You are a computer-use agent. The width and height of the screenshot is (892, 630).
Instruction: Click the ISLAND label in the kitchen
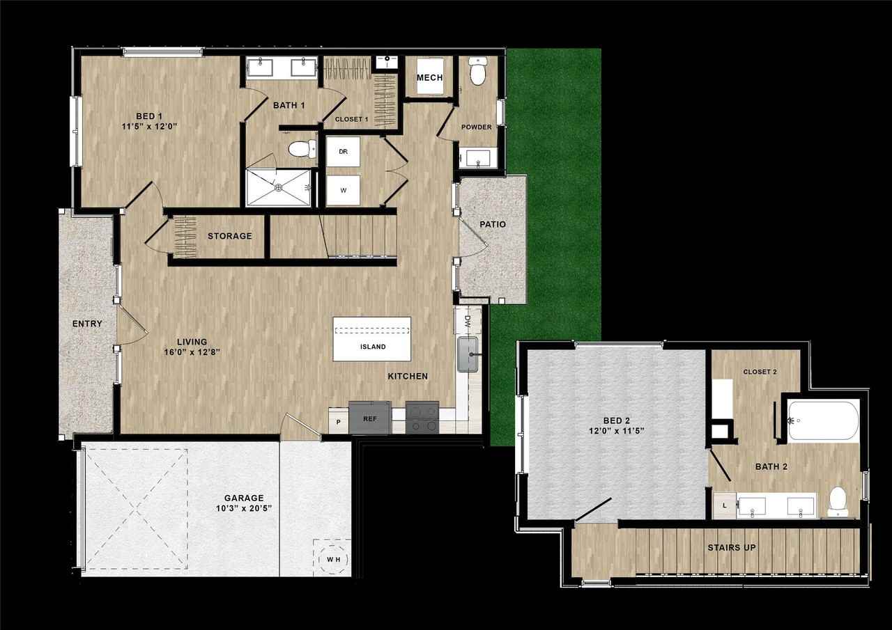[373, 347]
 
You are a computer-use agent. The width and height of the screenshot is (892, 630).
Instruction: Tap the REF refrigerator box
[369, 420]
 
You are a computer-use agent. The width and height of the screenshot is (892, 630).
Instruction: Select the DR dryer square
[343, 151]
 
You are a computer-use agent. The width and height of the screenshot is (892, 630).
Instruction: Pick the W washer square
[343, 189]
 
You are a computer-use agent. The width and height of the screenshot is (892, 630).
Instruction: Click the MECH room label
[429, 77]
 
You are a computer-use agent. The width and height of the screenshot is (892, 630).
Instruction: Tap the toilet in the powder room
[477, 72]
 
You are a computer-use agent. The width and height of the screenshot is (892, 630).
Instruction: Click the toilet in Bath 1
[300, 148]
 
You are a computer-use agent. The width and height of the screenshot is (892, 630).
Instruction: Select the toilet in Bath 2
[838, 501]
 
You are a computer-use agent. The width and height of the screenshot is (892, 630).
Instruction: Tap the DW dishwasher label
[468, 322]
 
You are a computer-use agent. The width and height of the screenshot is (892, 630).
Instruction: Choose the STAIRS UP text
[732, 548]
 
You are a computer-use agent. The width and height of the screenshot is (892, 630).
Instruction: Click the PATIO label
[492, 224]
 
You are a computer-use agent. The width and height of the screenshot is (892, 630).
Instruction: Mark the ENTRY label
[87, 324]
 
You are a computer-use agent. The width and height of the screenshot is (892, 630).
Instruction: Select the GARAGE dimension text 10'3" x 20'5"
[244, 508]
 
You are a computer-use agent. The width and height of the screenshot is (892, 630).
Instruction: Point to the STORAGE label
[229, 236]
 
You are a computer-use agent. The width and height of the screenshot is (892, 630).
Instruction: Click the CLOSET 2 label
[760, 372]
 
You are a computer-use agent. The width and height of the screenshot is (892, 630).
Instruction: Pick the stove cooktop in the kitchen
[422, 418]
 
